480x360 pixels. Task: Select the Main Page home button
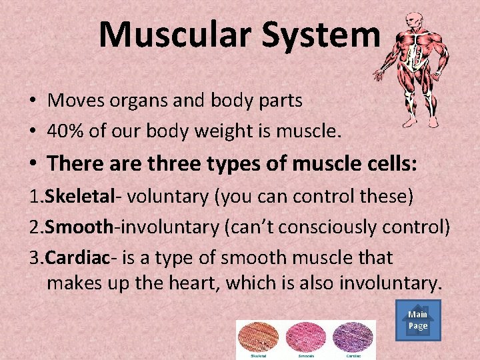click(x=418, y=320)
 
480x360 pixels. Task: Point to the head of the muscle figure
click(x=414, y=20)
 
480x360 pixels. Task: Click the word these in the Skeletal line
click(x=381, y=197)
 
